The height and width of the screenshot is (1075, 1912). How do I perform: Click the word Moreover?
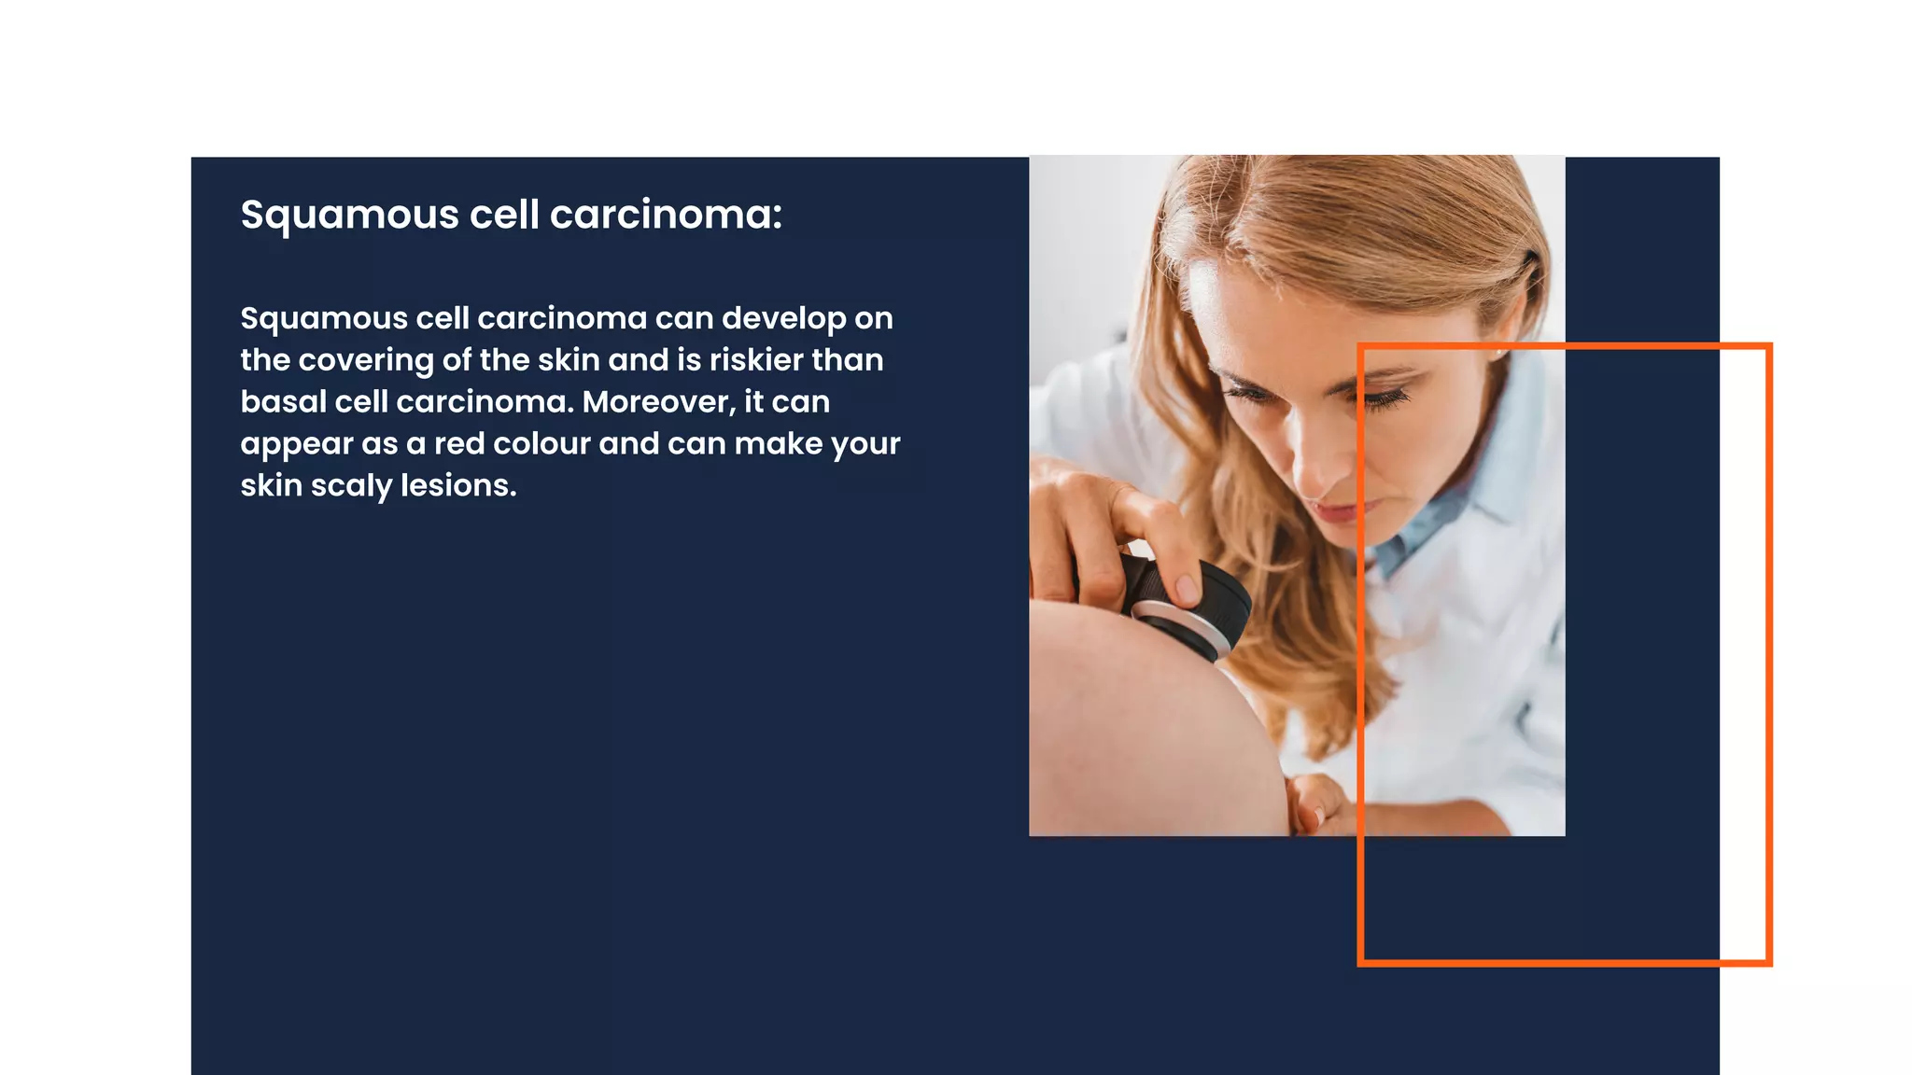(x=659, y=402)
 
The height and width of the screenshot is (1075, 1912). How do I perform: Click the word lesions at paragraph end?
(x=457, y=486)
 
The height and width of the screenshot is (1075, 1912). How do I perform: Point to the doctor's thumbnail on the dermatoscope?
(x=1188, y=588)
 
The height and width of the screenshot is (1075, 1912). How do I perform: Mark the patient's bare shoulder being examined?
(x=1139, y=728)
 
